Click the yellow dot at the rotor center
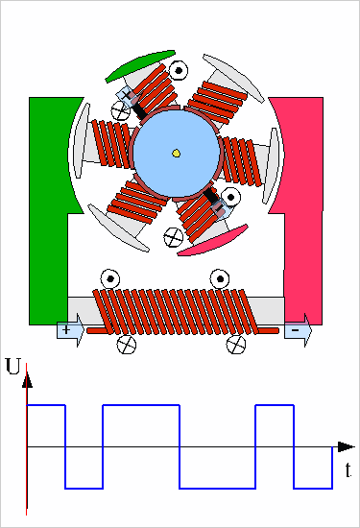click(x=176, y=154)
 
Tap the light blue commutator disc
click(x=176, y=154)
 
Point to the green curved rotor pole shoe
click(x=139, y=65)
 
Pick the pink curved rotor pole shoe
click(x=213, y=240)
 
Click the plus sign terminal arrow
click(x=70, y=330)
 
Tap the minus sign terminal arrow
click(x=298, y=330)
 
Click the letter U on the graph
click(x=13, y=367)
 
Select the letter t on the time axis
click(x=348, y=470)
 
